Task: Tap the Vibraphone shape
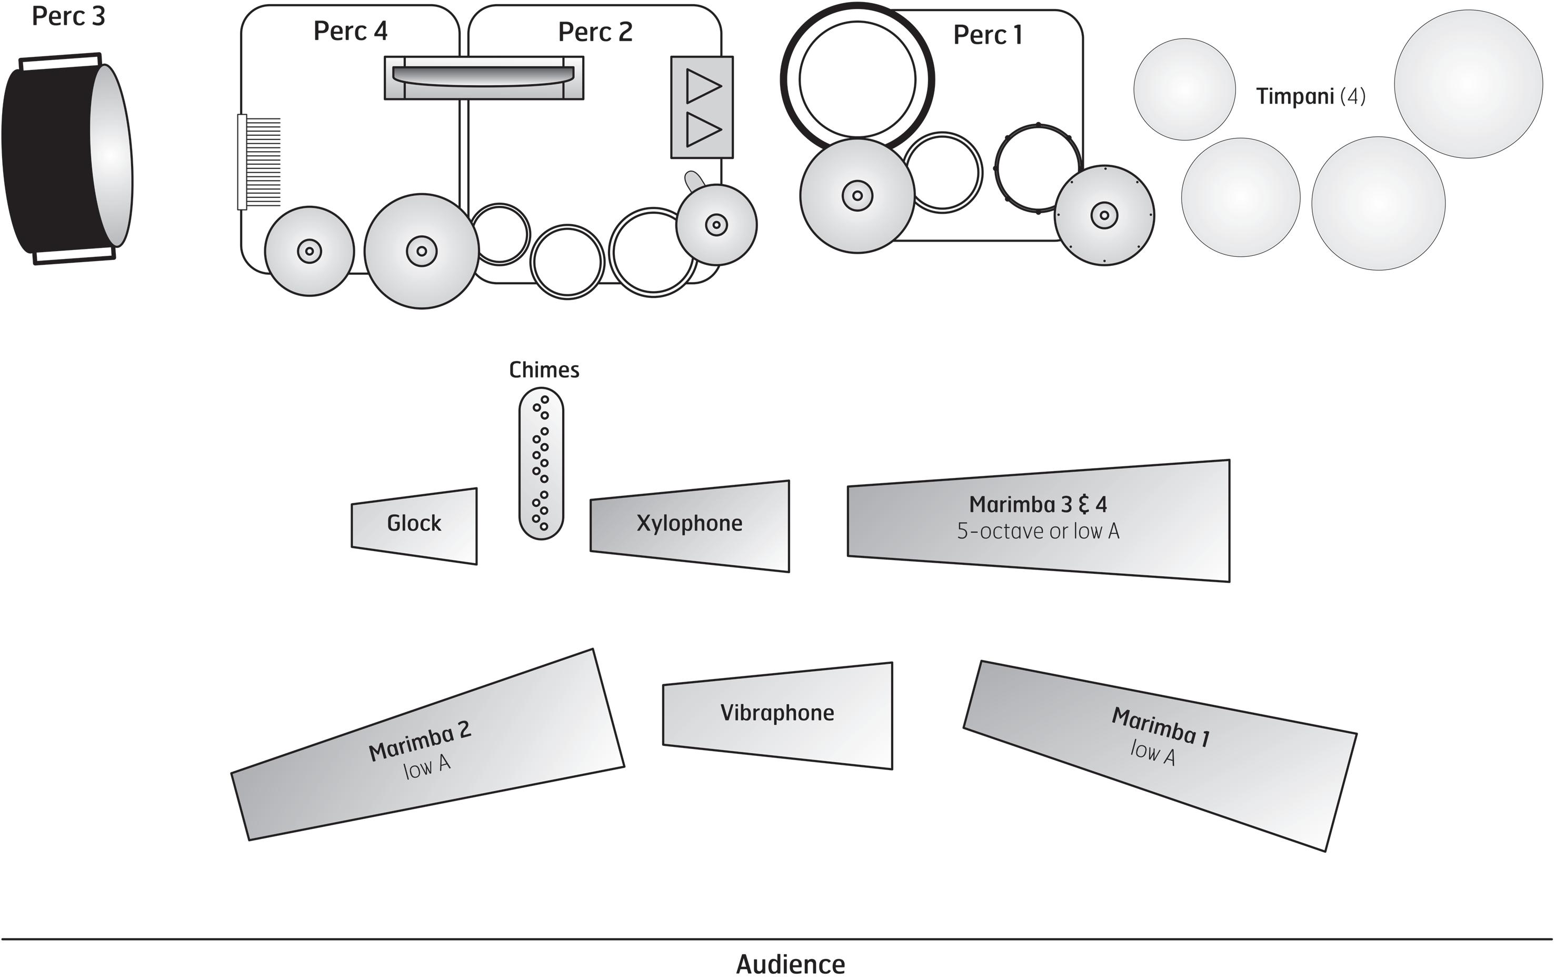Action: click(x=777, y=715)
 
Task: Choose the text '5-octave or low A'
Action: click(x=1038, y=531)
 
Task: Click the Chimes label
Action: click(x=544, y=370)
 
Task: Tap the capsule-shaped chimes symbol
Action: click(x=541, y=464)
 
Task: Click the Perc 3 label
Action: click(x=68, y=16)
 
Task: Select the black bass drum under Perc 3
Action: click(x=67, y=159)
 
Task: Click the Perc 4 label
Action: click(x=350, y=31)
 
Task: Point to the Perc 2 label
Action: click(x=595, y=32)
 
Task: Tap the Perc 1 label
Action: click(x=988, y=35)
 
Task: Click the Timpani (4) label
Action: click(x=1311, y=96)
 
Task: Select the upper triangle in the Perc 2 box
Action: click(x=703, y=86)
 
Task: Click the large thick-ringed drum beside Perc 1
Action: click(x=857, y=79)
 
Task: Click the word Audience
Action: click(x=791, y=964)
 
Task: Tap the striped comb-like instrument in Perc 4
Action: click(x=260, y=162)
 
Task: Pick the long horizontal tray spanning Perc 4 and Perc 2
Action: click(x=484, y=78)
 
